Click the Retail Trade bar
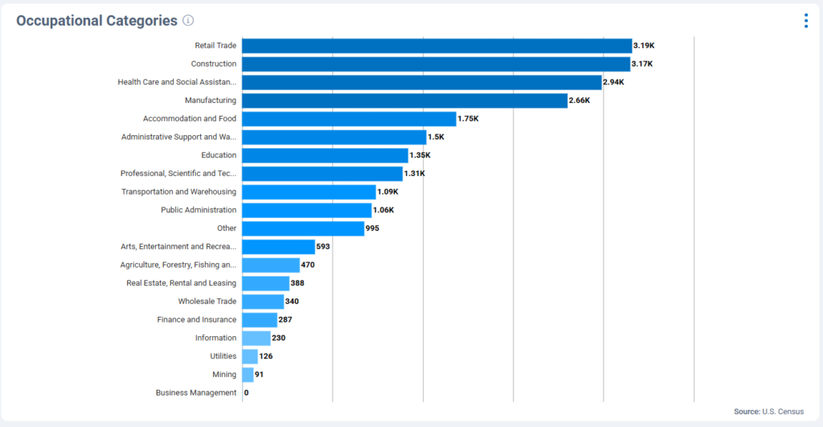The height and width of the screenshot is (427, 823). pos(436,46)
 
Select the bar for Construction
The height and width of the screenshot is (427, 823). pos(436,64)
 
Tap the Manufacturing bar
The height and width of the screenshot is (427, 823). pos(405,101)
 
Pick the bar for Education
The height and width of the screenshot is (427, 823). pos(325,155)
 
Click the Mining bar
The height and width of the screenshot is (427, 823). pos(248,375)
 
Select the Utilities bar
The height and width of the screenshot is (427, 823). pos(250,356)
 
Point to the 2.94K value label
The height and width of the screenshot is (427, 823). pos(613,82)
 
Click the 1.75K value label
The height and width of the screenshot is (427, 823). pos(468,119)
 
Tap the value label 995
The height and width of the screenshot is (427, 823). pos(372,228)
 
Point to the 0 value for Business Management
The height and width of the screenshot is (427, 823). pos(246,393)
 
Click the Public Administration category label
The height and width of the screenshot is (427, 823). pos(199,210)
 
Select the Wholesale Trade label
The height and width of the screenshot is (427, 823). pos(207,302)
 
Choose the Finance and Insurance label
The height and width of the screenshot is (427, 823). pos(197,320)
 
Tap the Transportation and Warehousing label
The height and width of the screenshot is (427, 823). pos(178,191)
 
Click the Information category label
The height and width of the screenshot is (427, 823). pos(215,338)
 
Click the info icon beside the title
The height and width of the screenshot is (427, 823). pos(188,21)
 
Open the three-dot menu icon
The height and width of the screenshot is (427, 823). pos(806,21)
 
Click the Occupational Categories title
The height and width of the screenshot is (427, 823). pos(96,21)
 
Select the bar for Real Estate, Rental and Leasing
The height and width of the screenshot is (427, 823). pos(265,283)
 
